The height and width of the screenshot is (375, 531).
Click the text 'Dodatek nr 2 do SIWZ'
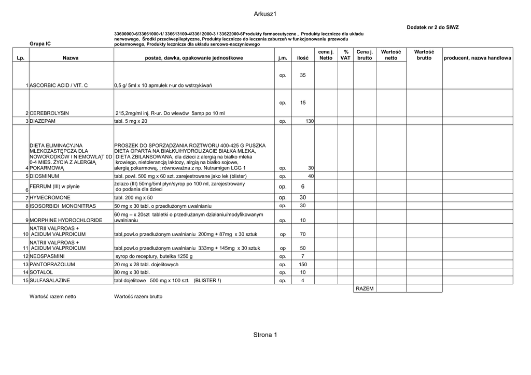432,27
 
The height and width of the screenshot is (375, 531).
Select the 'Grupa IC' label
40,45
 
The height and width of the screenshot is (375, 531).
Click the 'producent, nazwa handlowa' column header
477,59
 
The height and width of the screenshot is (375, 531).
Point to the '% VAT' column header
345,55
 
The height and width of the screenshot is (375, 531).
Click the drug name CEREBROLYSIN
49,113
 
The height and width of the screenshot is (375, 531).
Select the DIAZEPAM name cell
43,121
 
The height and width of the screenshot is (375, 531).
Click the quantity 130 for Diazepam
310,121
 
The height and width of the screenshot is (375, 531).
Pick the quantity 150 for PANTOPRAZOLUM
303,264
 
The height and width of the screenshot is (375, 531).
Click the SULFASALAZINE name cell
50,281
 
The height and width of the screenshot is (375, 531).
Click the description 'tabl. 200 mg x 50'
133,198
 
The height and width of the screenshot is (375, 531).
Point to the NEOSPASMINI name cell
47,256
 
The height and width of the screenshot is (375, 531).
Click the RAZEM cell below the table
365,289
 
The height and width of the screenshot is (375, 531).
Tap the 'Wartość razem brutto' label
138,297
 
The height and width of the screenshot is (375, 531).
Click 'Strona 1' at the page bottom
265,335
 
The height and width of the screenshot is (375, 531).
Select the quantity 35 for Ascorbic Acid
303,76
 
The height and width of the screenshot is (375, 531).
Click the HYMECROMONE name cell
50,198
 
